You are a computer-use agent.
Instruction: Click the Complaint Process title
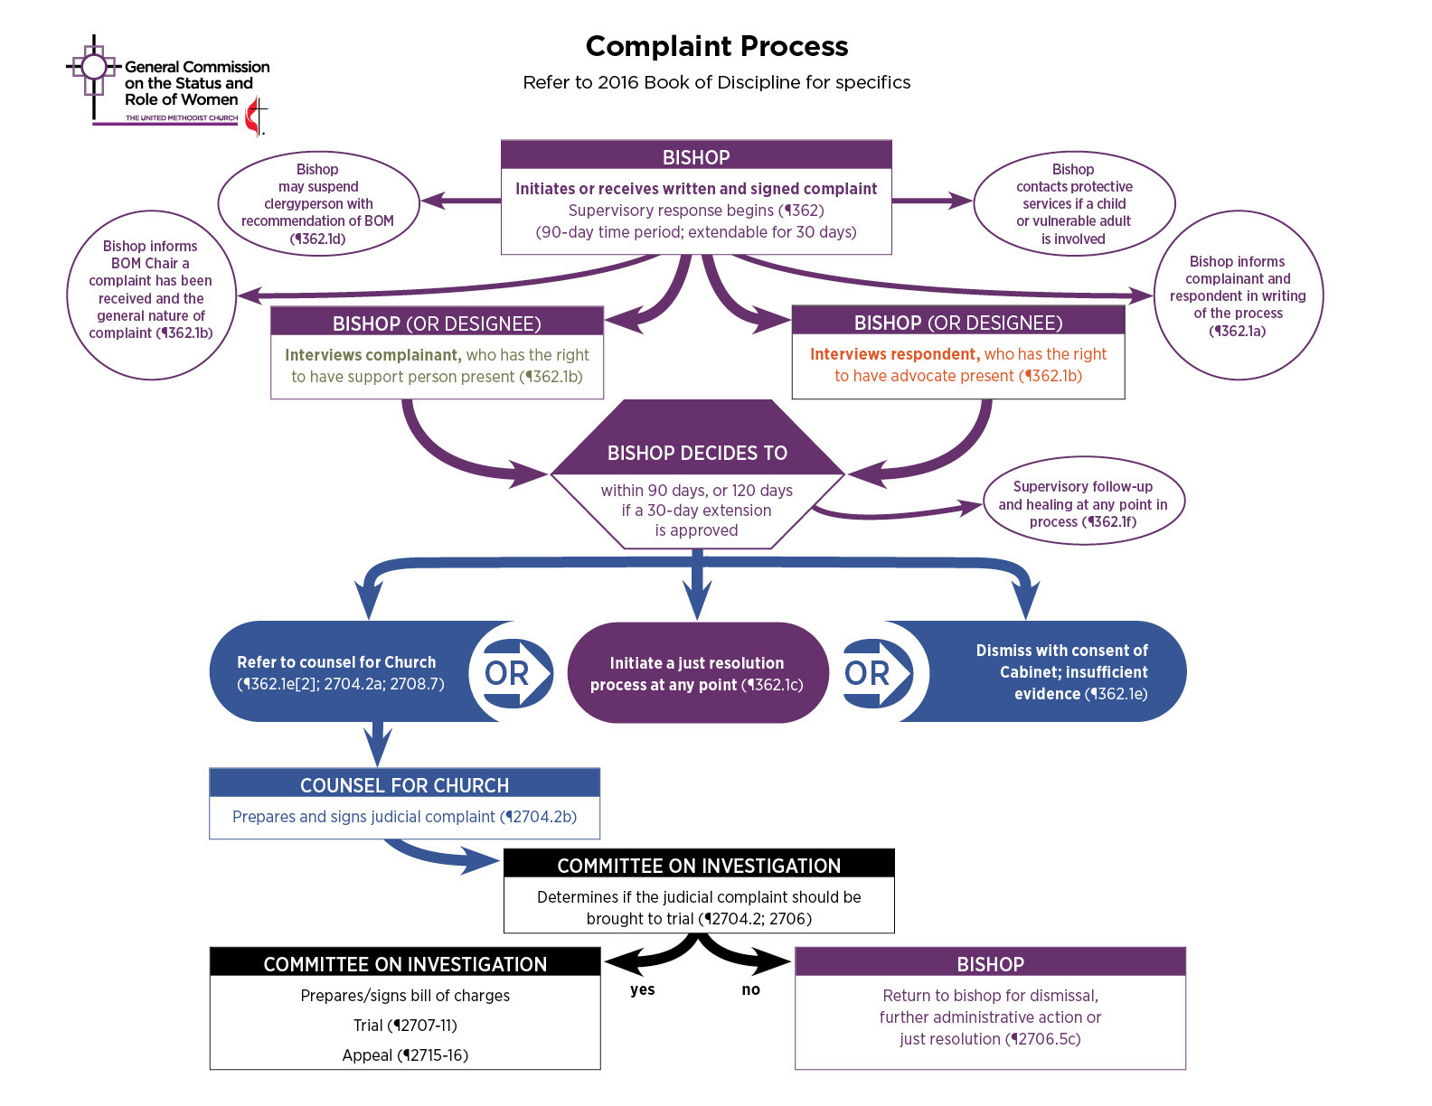point(716,46)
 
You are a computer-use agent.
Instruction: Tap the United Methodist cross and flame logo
point(257,117)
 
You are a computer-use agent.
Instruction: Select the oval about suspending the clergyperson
point(318,204)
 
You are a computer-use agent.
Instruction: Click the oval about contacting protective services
point(1073,204)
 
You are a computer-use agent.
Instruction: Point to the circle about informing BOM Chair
point(151,289)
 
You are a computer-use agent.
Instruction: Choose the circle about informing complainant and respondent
point(1238,295)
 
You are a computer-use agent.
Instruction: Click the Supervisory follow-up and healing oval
point(1082,503)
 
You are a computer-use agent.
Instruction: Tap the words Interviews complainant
point(372,355)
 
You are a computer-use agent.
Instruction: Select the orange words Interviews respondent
point(893,354)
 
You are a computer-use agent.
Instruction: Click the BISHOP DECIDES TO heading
point(697,453)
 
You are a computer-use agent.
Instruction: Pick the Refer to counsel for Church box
point(339,672)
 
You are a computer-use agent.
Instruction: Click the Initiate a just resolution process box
point(697,673)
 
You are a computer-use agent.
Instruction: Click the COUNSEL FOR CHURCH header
point(404,784)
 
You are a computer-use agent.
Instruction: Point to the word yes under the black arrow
point(642,989)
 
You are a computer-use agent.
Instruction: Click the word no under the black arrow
point(750,989)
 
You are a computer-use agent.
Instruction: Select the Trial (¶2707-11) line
point(405,1026)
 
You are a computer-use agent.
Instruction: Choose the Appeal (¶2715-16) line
point(405,1055)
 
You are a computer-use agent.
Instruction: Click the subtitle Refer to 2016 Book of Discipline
point(716,82)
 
